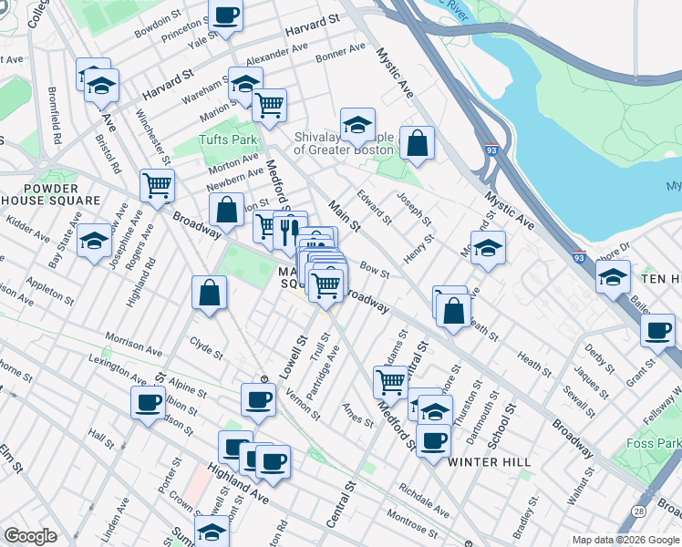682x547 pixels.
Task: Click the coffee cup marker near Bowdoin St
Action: click(225, 15)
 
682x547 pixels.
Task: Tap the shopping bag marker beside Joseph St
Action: click(417, 143)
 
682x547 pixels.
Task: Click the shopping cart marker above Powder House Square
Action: click(158, 186)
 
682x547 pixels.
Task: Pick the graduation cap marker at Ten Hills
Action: click(614, 276)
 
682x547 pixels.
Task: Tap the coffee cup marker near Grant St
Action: click(657, 331)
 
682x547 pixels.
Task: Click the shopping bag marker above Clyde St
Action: click(209, 294)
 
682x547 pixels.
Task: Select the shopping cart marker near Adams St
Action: click(391, 381)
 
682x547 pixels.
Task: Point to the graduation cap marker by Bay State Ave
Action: click(94, 241)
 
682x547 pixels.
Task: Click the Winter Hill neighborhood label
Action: click(490, 462)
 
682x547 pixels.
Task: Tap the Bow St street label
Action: click(375, 271)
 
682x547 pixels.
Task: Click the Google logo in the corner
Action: click(30, 536)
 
